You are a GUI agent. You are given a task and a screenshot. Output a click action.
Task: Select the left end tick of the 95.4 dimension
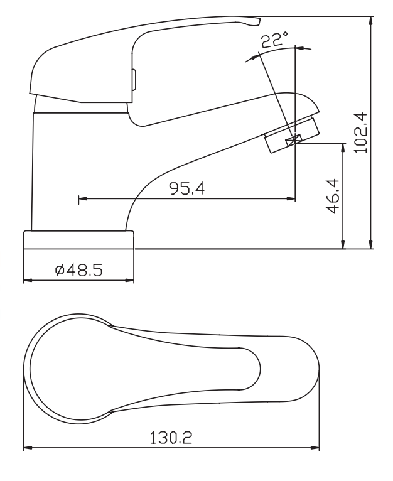pos(79,200)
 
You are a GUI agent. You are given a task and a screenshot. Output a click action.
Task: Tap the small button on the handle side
pos(133,80)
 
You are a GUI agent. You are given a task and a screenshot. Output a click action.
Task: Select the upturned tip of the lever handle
pos(254,23)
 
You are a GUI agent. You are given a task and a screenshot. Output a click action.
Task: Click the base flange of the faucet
pos(79,240)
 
